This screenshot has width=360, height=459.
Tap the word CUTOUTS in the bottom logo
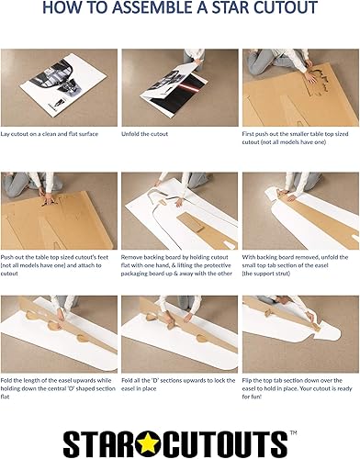point(222,444)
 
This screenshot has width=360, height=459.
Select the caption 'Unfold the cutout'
point(144,134)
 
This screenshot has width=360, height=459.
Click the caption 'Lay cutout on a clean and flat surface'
point(50,134)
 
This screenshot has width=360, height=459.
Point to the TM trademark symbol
point(293,432)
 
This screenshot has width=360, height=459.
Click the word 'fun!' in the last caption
point(256,397)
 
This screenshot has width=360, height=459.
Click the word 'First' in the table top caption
point(248,134)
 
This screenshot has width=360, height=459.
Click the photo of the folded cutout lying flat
point(59,87)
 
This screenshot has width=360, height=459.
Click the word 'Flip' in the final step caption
point(247,381)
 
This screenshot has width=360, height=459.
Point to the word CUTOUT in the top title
point(286,7)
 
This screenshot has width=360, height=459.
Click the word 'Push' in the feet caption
point(6,257)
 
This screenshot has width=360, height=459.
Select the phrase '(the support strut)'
point(266,274)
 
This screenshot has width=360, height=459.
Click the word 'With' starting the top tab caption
point(248,257)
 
